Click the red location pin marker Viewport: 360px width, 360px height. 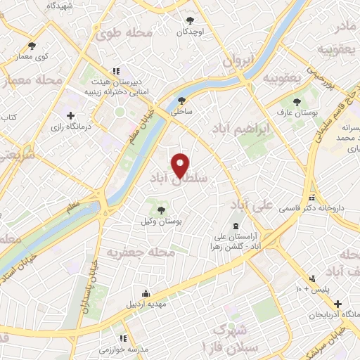click(x=181, y=165)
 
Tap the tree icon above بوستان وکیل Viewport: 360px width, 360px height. click(x=161, y=210)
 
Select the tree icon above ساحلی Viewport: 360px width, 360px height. click(x=182, y=101)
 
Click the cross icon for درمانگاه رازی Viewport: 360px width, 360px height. click(x=70, y=115)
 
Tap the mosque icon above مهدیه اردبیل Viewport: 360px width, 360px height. click(x=146, y=294)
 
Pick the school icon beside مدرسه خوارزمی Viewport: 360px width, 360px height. click(x=123, y=338)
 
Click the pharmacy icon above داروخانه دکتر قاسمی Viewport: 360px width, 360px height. click(x=312, y=198)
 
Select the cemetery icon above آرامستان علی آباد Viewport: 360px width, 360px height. click(x=235, y=228)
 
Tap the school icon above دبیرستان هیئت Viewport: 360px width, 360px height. click(x=117, y=70)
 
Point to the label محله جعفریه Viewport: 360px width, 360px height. click(x=137, y=251)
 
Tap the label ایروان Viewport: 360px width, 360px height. click(x=237, y=62)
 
